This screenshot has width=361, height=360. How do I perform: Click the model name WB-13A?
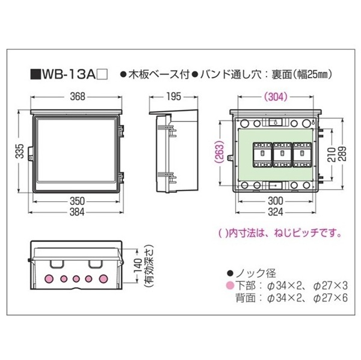[69, 75]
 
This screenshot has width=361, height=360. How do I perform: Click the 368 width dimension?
[78, 97]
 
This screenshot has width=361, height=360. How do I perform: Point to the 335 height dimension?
[20, 151]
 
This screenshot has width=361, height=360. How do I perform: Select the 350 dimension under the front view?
[78, 201]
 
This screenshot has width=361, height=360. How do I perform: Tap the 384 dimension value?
[77, 212]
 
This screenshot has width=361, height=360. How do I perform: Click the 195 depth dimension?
[174, 97]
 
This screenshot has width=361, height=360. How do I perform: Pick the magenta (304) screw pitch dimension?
[276, 97]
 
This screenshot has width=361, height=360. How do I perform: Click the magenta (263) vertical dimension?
[220, 152]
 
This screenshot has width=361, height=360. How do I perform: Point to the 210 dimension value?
[332, 155]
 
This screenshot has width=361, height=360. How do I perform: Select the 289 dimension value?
[342, 154]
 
